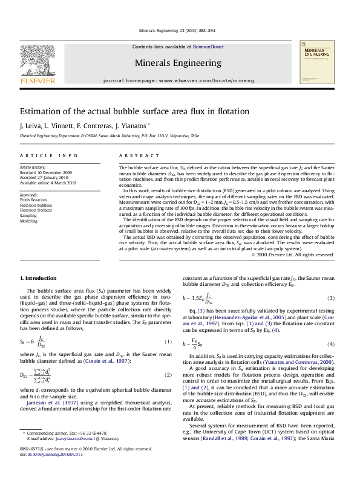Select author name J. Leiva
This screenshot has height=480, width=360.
30,127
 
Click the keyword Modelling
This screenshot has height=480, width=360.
30,221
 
